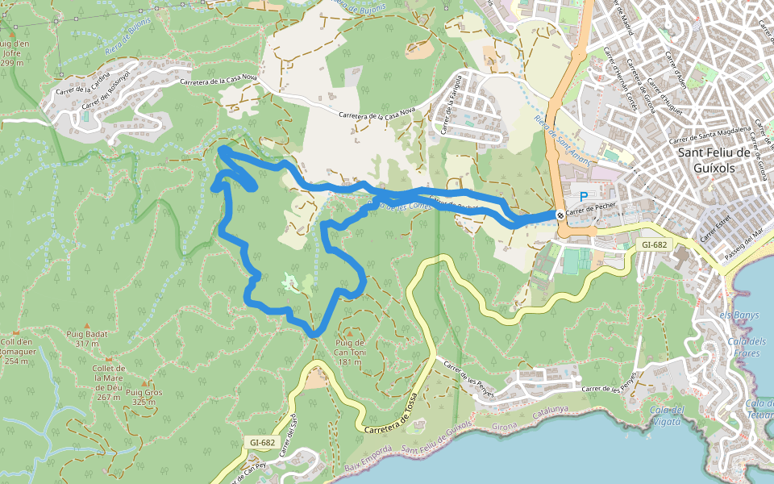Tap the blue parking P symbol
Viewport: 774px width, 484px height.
point(584,197)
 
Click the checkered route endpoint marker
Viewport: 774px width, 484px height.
point(560,215)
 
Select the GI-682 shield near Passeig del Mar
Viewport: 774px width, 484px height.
point(655,244)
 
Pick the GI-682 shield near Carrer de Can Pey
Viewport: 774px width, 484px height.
point(263,443)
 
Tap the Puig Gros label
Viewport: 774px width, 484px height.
point(143,397)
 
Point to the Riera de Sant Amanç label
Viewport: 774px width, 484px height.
point(563,141)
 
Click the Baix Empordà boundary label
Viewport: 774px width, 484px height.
point(368,460)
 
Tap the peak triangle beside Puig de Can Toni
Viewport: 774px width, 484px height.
point(349,332)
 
